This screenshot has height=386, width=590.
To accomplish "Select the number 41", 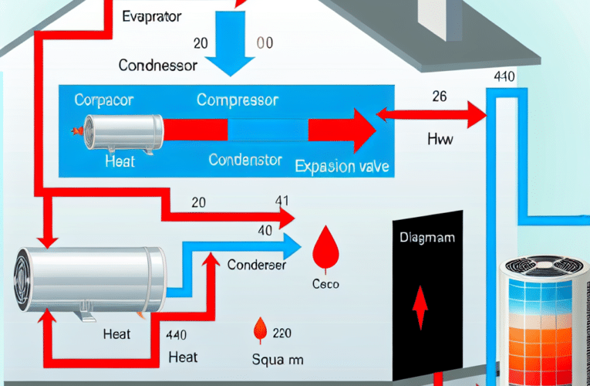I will coord(282,201).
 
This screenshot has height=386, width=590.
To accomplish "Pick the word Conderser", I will coord(257,264).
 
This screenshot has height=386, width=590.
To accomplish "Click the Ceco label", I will coord(326,283).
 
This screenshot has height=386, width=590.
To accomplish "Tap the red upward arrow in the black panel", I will coord(420,306).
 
